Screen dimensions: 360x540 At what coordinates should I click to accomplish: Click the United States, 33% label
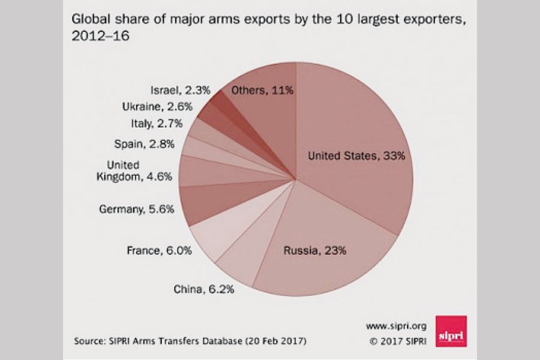tap(357, 156)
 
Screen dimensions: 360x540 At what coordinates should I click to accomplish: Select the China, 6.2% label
tap(204, 289)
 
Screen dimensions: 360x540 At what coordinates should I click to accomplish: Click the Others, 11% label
tap(262, 91)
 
